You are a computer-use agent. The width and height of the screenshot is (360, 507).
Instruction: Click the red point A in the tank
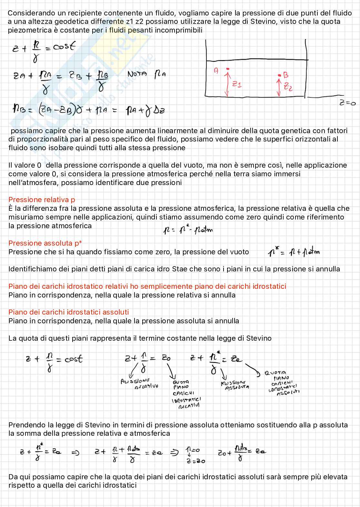tap(228, 69)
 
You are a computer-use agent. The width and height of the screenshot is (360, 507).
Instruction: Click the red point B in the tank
tap(279, 75)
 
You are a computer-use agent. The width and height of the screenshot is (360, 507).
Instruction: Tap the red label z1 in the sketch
tap(237, 84)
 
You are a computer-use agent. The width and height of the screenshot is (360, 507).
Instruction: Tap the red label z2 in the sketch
tap(288, 87)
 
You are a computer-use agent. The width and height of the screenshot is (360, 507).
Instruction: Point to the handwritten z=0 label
tap(347, 103)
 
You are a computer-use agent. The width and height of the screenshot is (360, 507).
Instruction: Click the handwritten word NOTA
tap(137, 74)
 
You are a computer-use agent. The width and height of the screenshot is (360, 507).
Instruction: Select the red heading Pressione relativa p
tap(42, 200)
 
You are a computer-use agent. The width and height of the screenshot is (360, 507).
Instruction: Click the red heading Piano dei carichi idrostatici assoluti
tap(68, 312)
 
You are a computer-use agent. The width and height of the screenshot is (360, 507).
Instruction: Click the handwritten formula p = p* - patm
tap(188, 230)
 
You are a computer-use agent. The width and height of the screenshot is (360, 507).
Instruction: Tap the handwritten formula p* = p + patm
tap(294, 252)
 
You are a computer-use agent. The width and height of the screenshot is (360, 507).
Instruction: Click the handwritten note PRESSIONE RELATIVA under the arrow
tap(139, 384)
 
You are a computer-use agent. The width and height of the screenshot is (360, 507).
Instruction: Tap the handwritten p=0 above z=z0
tap(193, 450)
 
